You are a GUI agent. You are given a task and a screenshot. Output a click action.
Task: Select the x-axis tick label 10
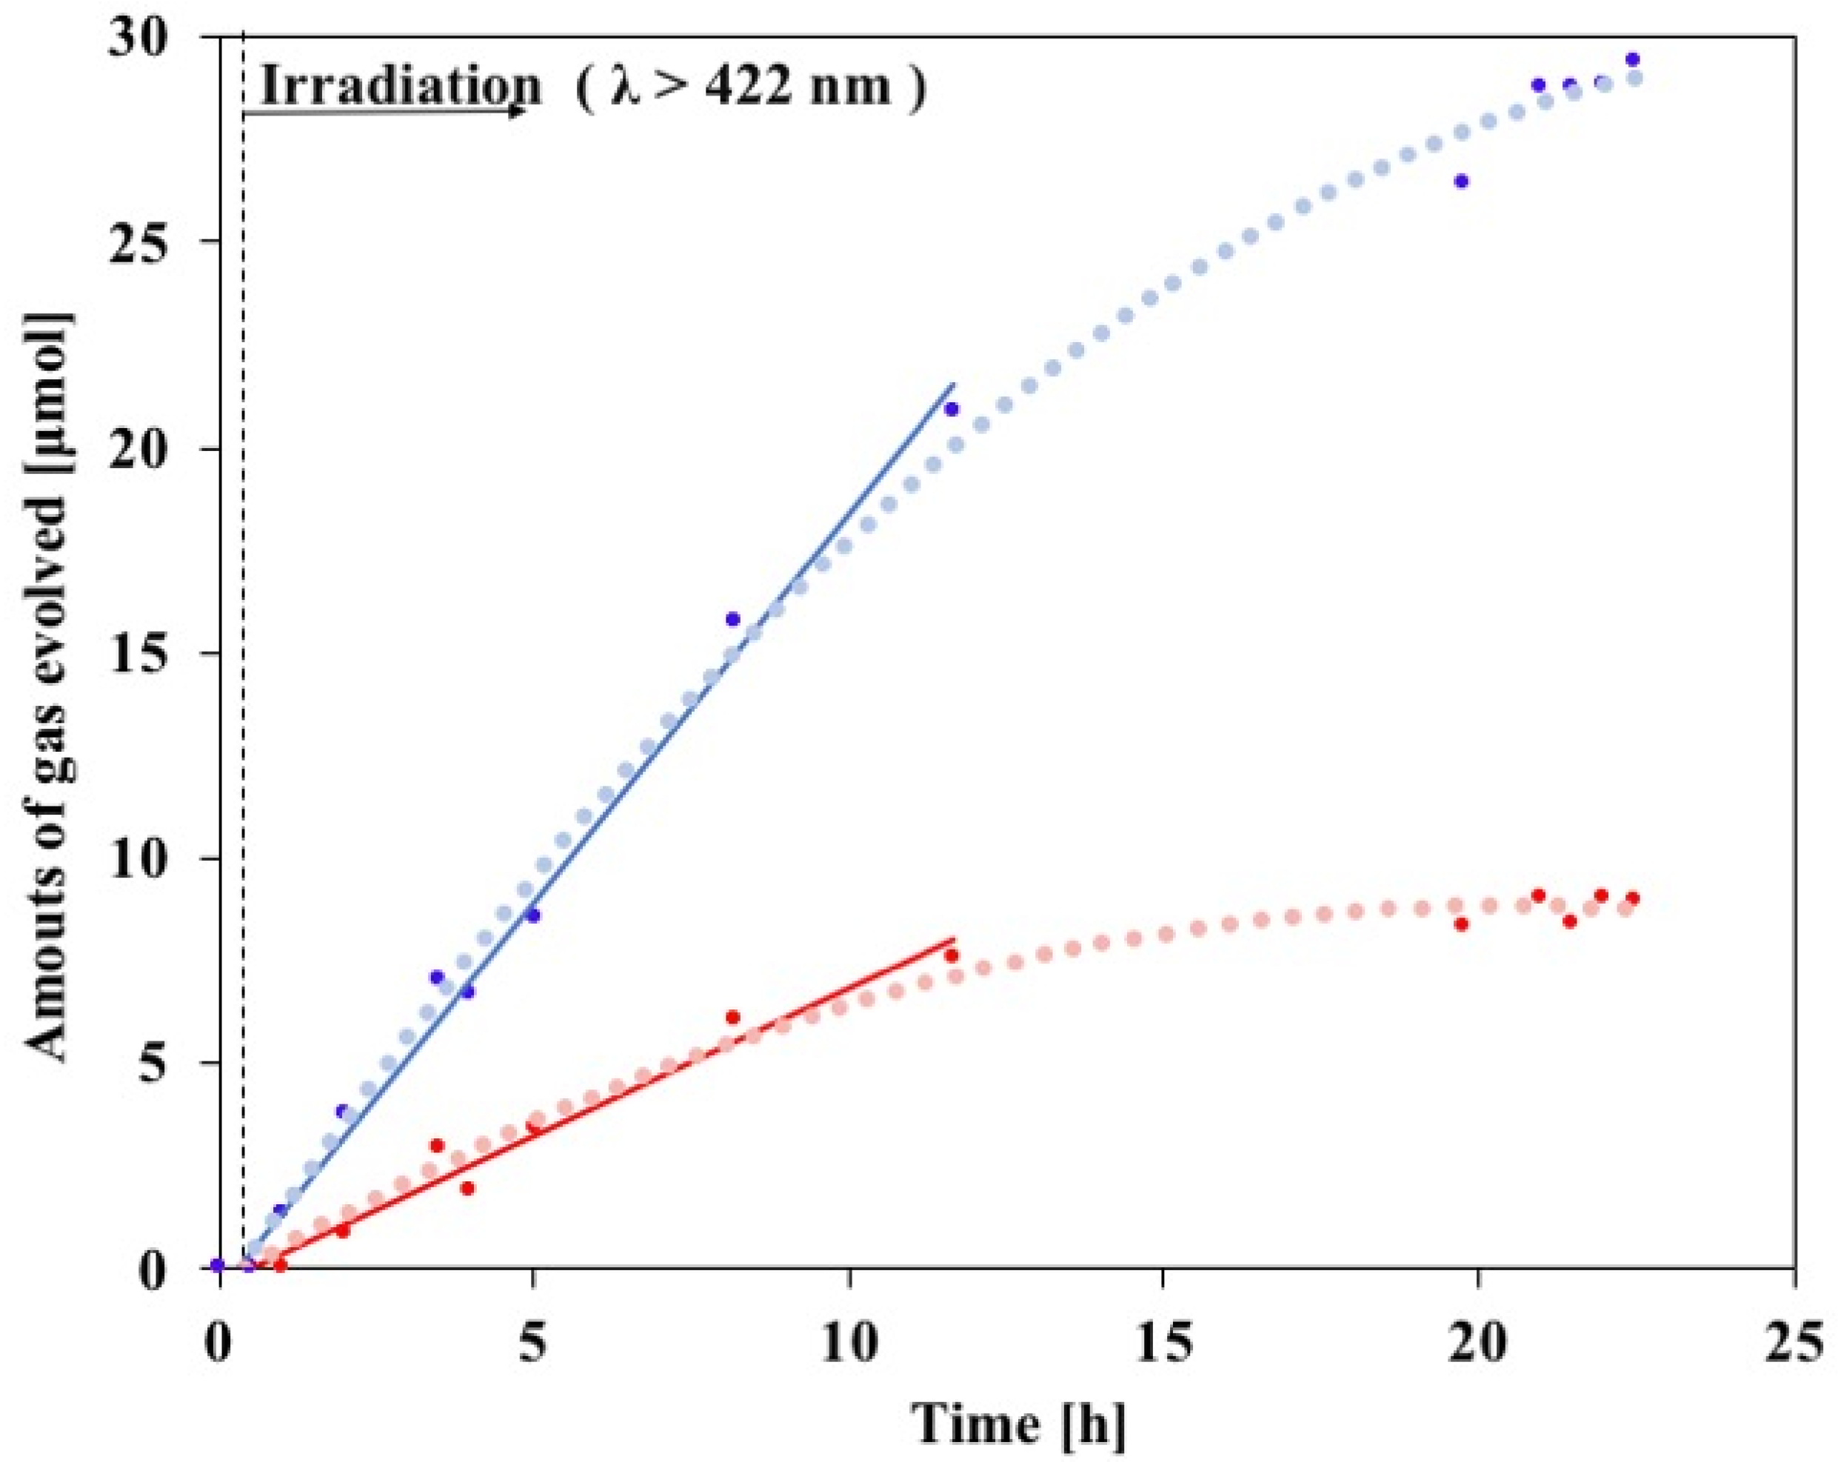pos(850,1326)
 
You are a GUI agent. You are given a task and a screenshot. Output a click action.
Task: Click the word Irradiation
pos(399,85)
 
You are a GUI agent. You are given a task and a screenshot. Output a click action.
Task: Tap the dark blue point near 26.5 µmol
pos(1461,181)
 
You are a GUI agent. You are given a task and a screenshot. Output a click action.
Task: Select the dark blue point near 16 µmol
pos(732,619)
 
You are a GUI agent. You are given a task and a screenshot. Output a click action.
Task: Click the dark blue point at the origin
pos(218,1264)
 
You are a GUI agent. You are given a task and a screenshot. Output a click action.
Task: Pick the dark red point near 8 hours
pos(732,1017)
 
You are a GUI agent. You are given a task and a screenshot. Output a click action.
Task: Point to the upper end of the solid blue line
pos(954,384)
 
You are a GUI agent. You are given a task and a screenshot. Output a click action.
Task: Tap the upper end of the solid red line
pos(954,938)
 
